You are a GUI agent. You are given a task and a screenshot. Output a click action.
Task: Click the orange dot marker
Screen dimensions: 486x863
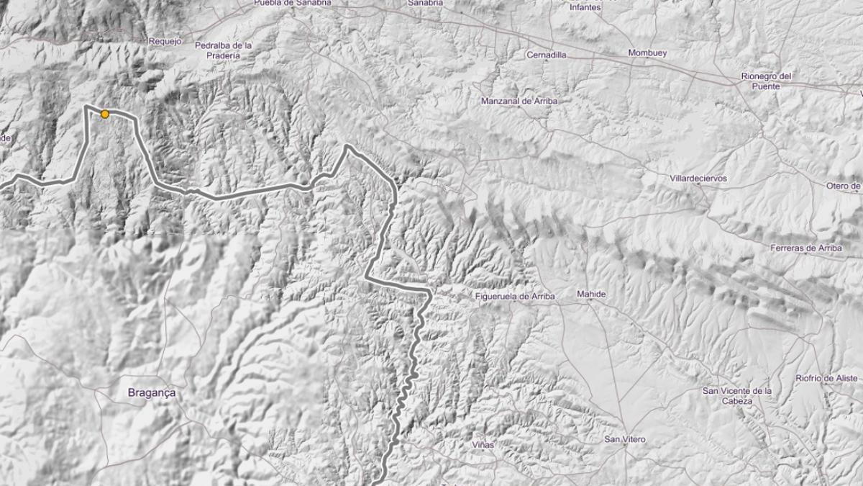[x=105, y=114]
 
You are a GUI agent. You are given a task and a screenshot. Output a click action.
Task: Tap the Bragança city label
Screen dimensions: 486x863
[x=151, y=393]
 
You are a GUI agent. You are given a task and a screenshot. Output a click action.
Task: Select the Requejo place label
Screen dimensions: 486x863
[x=165, y=42]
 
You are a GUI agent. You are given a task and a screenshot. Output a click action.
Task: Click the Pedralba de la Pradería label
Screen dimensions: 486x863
[x=224, y=50]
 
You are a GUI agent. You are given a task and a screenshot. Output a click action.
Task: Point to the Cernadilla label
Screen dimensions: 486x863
[x=547, y=55]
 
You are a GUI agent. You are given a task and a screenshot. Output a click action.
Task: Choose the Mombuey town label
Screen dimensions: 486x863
[x=648, y=53]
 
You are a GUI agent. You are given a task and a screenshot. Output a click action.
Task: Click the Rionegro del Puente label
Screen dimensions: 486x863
[x=766, y=81]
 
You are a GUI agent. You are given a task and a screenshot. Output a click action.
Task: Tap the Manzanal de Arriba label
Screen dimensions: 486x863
[x=519, y=102]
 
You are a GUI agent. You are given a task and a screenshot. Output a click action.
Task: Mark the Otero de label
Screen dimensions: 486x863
[x=844, y=186]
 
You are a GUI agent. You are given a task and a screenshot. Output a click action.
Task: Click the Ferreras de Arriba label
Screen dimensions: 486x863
[x=805, y=248]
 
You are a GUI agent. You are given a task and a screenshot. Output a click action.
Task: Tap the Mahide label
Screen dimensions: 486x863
[x=591, y=294]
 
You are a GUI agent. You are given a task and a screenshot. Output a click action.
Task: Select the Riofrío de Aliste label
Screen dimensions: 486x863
[x=827, y=378]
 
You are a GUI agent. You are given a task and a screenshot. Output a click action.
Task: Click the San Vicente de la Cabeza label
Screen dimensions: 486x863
[x=737, y=395]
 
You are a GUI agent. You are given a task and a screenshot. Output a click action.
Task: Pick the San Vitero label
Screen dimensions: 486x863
[x=624, y=439]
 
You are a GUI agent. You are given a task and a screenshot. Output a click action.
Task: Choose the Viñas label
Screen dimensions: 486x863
[x=484, y=446]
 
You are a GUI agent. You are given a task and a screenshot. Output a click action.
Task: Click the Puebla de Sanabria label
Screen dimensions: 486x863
[x=293, y=3]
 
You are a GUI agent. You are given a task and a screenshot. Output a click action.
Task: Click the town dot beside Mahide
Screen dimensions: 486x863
[x=590, y=301]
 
